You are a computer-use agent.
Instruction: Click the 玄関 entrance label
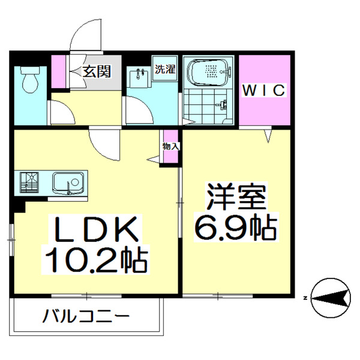point(96,72)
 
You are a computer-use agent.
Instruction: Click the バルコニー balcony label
point(86,316)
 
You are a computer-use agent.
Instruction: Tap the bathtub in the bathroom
point(209,74)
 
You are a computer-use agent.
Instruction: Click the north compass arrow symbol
point(331,297)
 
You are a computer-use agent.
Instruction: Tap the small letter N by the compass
point(306,298)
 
